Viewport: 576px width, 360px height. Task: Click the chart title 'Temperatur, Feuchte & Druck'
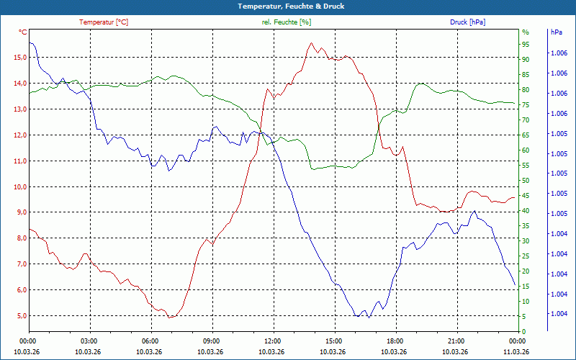coord(287,6)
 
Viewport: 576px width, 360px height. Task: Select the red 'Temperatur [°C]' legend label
coord(104,22)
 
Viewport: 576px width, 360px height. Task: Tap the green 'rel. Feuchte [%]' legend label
coord(287,22)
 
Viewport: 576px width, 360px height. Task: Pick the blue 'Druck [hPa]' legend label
coord(467,22)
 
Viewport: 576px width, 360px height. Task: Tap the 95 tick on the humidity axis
coord(526,45)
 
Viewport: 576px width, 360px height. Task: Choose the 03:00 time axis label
coord(89,341)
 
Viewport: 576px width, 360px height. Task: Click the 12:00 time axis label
coord(272,341)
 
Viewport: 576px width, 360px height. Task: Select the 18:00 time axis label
coord(395,341)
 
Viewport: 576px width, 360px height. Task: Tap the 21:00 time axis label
coord(456,341)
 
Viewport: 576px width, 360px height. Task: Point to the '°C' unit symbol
coord(23,32)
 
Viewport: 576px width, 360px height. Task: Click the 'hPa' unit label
coord(556,32)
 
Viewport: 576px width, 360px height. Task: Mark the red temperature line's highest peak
coord(312,43)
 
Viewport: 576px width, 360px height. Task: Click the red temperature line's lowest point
coord(170,318)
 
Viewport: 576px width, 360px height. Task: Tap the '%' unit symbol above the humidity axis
coord(525,32)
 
